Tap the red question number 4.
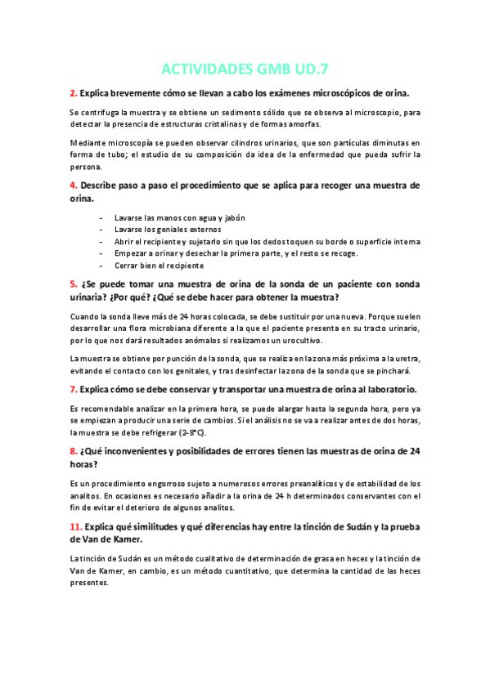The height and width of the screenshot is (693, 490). click(73, 186)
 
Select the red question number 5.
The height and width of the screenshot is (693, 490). click(73, 284)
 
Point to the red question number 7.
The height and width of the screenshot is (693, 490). click(73, 389)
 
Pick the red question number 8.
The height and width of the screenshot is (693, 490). click(73, 450)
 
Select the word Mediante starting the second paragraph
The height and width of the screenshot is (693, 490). click(88, 142)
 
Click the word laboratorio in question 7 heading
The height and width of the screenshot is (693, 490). click(389, 389)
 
